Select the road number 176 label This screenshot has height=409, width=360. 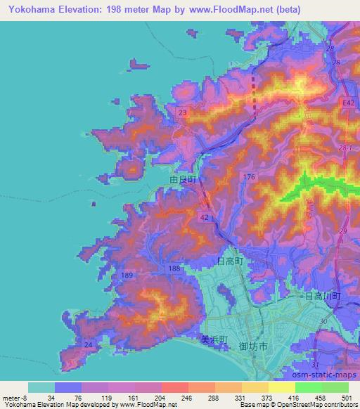pos(248,176)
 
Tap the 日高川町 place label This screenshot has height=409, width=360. pos(323,297)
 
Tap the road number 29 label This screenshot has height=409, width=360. pos(345,231)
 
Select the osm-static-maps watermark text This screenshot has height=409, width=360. pos(325,374)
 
